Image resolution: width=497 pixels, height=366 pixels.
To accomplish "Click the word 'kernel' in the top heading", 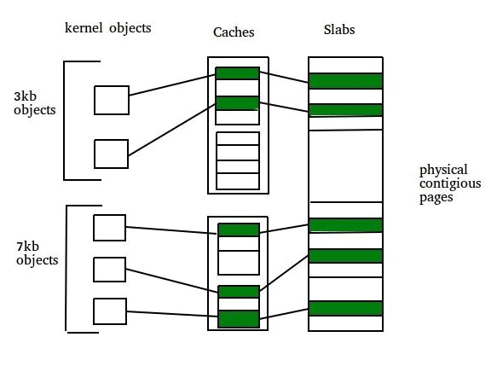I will (x=84, y=28).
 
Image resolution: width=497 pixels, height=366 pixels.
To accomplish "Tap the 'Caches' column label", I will (x=234, y=32).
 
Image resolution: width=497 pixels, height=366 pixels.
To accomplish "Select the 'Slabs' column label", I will (x=340, y=30).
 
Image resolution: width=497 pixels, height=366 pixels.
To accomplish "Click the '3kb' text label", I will (x=26, y=96).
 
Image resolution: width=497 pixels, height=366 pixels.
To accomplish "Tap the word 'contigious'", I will (x=449, y=183).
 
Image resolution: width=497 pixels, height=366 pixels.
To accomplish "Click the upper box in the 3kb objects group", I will (x=111, y=100).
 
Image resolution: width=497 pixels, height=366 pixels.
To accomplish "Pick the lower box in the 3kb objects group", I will (x=111, y=154).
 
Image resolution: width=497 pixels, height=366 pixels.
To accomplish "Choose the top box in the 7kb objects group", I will (x=109, y=228).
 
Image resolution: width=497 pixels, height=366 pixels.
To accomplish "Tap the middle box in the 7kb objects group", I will (x=109, y=270).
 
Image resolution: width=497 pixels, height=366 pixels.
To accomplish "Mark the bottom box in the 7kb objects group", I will (x=109, y=310).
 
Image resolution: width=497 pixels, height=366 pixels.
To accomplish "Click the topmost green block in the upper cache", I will (x=237, y=73).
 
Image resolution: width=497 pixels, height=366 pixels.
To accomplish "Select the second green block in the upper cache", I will (x=237, y=103).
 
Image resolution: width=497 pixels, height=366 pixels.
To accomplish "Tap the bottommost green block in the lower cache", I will (x=238, y=319).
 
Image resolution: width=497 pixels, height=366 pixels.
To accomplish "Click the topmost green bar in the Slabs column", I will (x=345, y=81).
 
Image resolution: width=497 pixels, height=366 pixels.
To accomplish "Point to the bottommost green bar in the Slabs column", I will (x=345, y=309).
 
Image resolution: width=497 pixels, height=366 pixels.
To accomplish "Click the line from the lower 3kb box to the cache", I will (x=171, y=129).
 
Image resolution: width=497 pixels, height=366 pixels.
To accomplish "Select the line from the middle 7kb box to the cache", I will (x=171, y=281).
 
